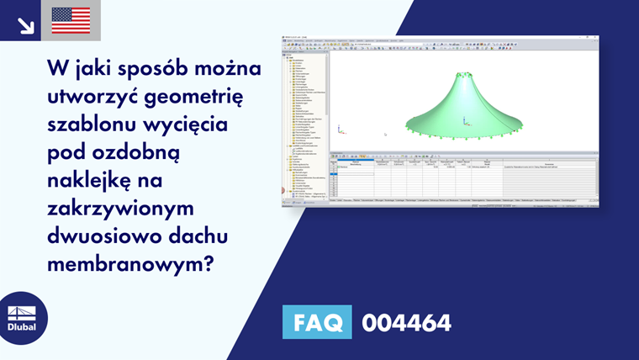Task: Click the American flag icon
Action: click(x=71, y=20)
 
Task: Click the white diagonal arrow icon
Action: click(x=24, y=24)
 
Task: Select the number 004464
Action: click(x=406, y=322)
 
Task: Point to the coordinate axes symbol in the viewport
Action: click(x=340, y=130)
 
